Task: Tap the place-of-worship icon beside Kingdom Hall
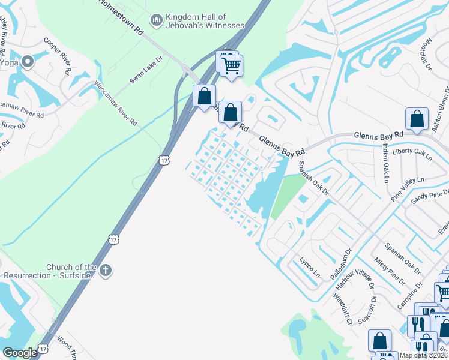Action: (x=157, y=21)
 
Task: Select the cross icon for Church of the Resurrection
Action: (x=106, y=271)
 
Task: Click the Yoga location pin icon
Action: (x=28, y=61)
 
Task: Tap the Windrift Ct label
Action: (x=343, y=309)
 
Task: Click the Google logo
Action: (x=20, y=353)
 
